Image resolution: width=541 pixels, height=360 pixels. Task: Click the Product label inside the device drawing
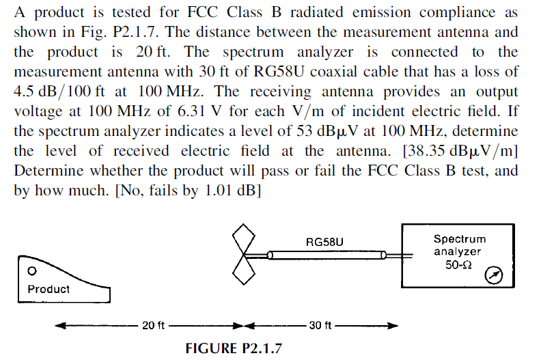pos(48,289)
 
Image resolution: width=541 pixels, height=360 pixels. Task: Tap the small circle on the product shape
pos(31,271)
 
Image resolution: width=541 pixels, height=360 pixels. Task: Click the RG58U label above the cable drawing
pos(324,242)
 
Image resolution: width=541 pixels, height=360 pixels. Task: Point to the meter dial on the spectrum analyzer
pos(493,275)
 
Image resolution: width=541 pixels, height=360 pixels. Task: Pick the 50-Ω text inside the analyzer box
pos(459,264)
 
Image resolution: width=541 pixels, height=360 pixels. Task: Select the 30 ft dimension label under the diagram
pos(320,325)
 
